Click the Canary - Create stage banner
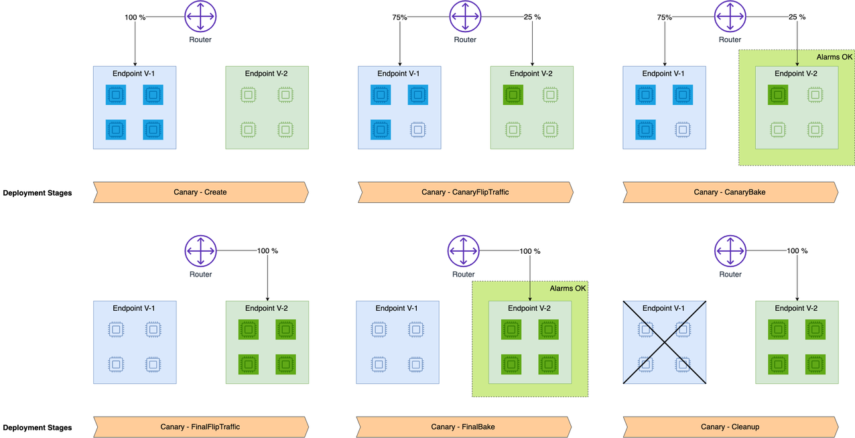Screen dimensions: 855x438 click(x=201, y=192)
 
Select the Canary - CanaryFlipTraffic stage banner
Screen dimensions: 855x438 click(x=465, y=192)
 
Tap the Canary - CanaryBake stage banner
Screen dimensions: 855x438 click(x=730, y=192)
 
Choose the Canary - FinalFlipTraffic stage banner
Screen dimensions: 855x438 click(x=201, y=427)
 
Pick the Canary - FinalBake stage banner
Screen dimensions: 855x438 click(x=464, y=427)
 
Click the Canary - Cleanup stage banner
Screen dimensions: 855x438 click(x=730, y=427)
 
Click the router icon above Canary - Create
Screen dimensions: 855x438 click(x=200, y=16)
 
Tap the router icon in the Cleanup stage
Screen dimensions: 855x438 click(x=730, y=250)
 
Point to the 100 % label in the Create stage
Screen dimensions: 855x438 click(x=135, y=17)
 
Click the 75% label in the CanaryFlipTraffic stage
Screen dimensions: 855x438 click(x=399, y=17)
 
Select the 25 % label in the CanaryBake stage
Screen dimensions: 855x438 click(x=797, y=17)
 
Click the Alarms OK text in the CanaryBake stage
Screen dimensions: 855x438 click(x=834, y=57)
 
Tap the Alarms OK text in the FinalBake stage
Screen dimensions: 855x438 click(x=568, y=289)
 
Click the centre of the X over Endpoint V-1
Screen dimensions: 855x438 click(x=665, y=342)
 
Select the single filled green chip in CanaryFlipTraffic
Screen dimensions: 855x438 click(x=513, y=94)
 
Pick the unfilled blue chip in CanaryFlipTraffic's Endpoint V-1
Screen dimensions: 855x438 click(x=417, y=130)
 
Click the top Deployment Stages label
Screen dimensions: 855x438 click(x=38, y=193)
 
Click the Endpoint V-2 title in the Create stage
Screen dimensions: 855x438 click(x=266, y=74)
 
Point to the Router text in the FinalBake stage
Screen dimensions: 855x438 click(x=464, y=275)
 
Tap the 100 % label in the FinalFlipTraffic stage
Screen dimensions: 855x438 click(x=267, y=251)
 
